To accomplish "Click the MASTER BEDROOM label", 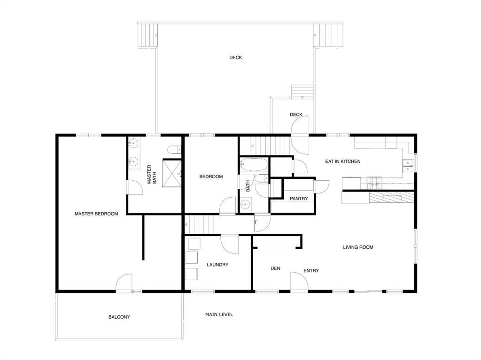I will (x=96, y=214).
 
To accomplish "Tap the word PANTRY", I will (x=299, y=199).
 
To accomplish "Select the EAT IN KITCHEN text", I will (x=343, y=161).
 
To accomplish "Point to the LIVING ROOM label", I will (x=358, y=247).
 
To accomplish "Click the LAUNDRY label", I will (x=217, y=265).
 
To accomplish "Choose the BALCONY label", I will (x=119, y=317).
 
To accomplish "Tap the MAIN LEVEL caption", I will (x=219, y=314).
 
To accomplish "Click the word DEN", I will (x=275, y=268).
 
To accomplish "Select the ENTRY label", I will (x=311, y=270).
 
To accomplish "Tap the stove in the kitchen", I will (x=375, y=180).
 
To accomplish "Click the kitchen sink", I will (x=407, y=164).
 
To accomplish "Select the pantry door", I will (x=322, y=186).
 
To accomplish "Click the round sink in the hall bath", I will (x=245, y=204).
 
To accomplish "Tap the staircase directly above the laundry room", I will (x=199, y=224).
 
